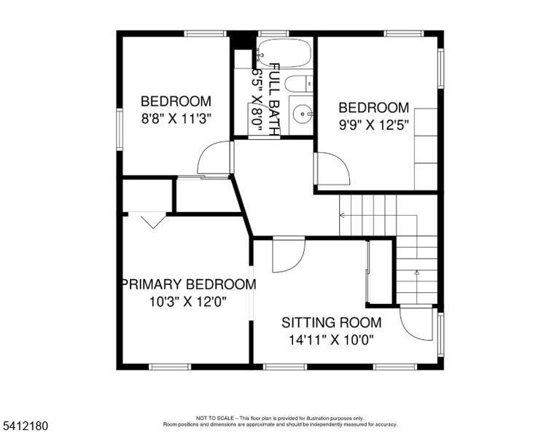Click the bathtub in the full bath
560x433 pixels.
[x=284, y=52]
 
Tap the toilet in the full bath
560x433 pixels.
[x=299, y=85]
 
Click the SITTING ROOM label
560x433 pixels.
[x=332, y=323]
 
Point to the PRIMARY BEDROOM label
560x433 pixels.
[x=189, y=284]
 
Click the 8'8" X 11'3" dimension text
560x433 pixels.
[x=176, y=118]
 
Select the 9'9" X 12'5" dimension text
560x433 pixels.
[x=373, y=125]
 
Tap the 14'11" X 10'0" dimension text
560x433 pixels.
[x=331, y=340]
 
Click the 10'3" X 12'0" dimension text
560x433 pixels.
[x=188, y=302]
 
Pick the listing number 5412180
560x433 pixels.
[x=25, y=426]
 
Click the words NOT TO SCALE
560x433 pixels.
[x=214, y=418]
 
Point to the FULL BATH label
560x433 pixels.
[x=274, y=100]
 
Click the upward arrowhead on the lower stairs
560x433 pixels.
[x=416, y=273]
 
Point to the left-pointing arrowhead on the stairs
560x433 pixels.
[x=342, y=215]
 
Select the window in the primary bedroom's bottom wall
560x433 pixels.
[x=170, y=367]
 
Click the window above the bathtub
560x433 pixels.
[x=273, y=34]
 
